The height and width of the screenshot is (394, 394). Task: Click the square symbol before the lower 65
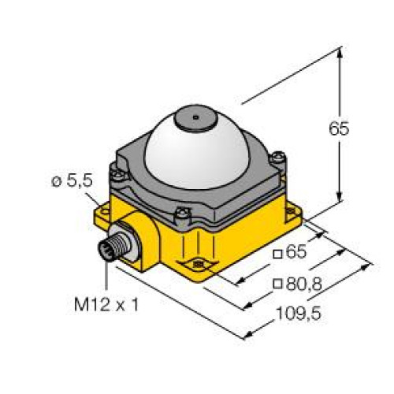click(275, 254)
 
